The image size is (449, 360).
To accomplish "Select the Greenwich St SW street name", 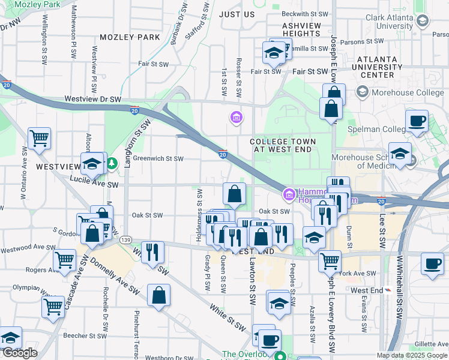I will [x=158, y=159].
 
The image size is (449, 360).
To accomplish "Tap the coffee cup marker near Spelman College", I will [x=417, y=121].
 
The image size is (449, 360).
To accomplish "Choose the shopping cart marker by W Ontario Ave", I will [x=39, y=138].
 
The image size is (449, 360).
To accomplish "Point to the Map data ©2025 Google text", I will [x=412, y=355].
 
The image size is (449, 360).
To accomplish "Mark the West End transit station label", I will [x=367, y=290].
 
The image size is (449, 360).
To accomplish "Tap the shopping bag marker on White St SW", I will [x=158, y=295].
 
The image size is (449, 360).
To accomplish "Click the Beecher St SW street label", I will [x=86, y=336].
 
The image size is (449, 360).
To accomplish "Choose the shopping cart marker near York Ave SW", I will [x=329, y=260].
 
